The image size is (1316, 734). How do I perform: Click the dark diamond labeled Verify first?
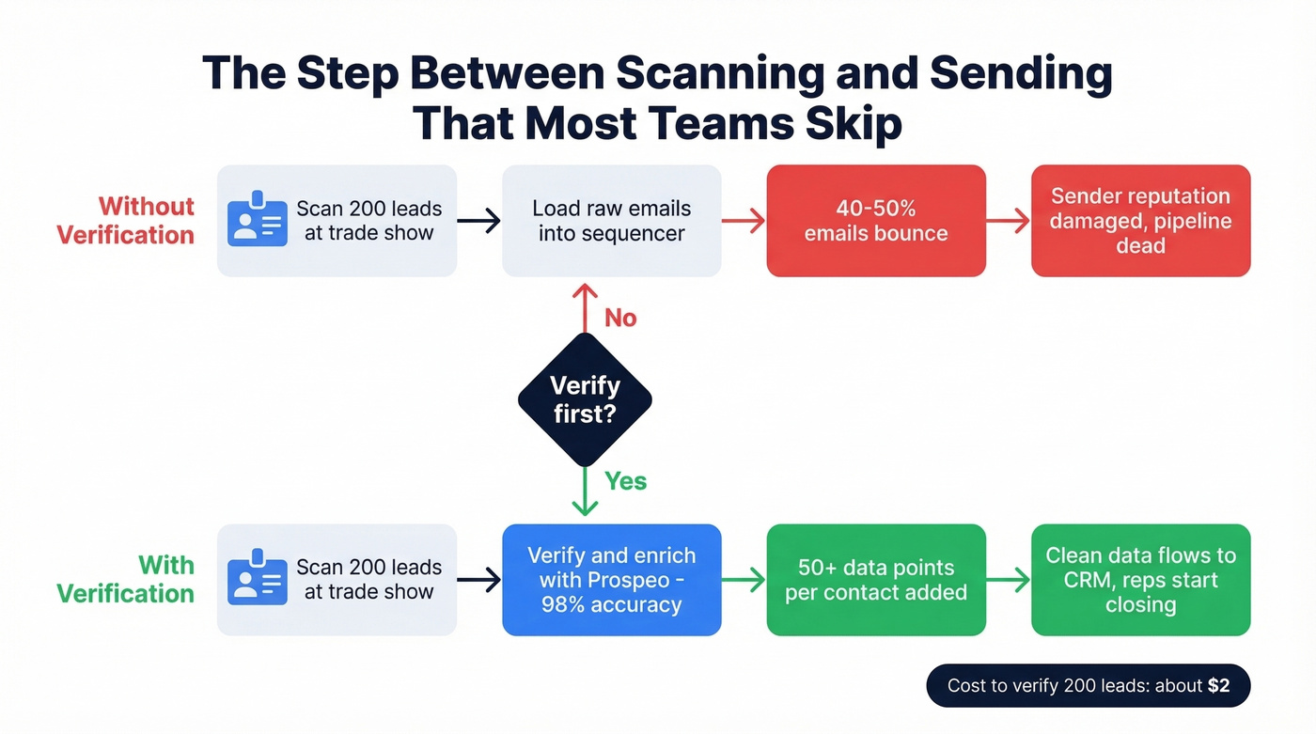(585, 399)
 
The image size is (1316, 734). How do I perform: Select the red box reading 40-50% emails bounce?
(876, 221)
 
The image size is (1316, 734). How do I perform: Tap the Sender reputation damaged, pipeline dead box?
(1140, 221)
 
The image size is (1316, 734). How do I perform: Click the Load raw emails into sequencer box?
(611, 221)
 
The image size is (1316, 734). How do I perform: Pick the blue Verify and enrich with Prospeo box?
(611, 580)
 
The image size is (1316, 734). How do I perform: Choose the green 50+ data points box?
(876, 580)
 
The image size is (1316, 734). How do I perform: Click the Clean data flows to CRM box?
(1140, 580)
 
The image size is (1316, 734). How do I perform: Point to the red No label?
(620, 319)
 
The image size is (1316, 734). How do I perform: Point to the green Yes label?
(625, 481)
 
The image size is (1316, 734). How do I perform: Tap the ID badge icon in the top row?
(258, 221)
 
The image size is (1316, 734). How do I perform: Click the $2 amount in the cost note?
(1218, 686)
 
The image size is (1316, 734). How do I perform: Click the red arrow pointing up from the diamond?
(585, 307)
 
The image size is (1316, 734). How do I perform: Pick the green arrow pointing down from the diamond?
(585, 492)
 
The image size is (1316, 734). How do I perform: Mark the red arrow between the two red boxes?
(1009, 221)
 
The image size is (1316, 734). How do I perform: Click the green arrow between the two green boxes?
(1009, 580)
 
